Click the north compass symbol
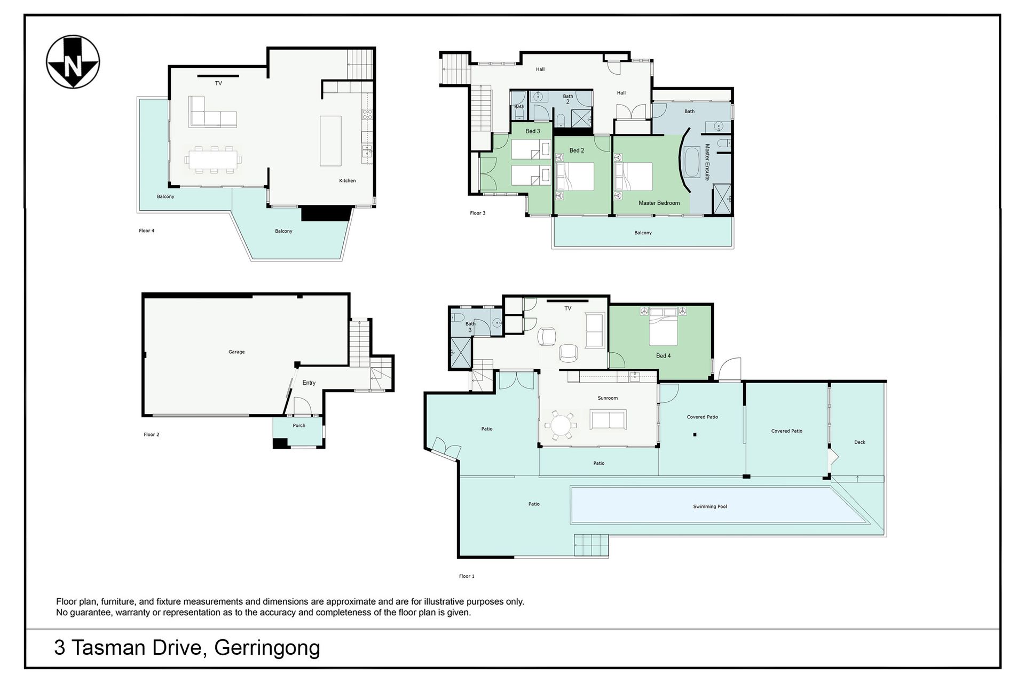(x=73, y=61)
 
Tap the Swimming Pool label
(x=710, y=506)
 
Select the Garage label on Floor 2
(x=236, y=352)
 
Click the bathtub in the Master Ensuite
(x=692, y=163)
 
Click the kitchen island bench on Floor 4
(x=330, y=141)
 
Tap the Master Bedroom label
(x=659, y=203)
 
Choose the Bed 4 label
(x=664, y=355)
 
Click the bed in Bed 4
(x=664, y=327)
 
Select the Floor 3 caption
(x=478, y=213)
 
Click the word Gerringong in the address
(x=267, y=647)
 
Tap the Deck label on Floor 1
(x=860, y=442)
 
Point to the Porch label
(x=299, y=425)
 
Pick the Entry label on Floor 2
(x=309, y=383)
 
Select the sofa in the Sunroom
(x=608, y=419)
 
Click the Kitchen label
(x=348, y=180)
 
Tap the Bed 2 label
(x=577, y=150)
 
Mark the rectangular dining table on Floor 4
(x=213, y=159)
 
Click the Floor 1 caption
(x=467, y=576)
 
